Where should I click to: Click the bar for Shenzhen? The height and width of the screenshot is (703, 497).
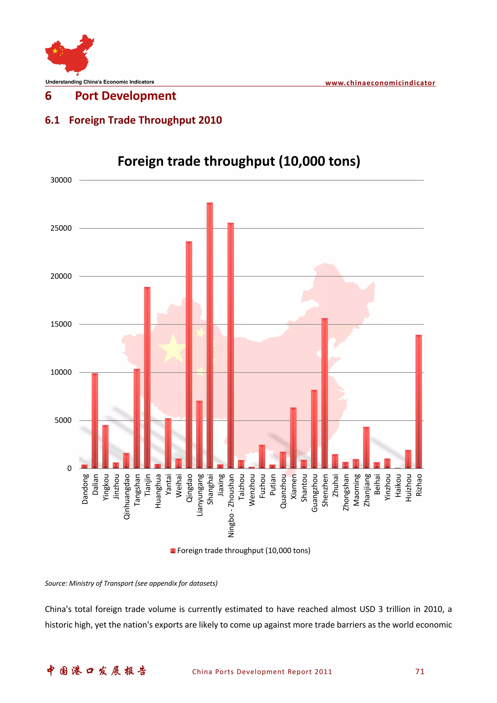click(325, 393)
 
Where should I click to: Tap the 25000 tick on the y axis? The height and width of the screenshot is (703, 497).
click(61, 228)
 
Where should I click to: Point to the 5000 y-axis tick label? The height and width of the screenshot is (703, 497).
click(63, 420)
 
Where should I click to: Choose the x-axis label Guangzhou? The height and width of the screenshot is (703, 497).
click(315, 493)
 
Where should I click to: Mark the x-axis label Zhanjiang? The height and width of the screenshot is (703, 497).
click(366, 490)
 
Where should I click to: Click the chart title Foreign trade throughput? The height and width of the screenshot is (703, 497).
click(239, 161)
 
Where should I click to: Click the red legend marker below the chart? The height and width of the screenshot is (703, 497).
click(173, 550)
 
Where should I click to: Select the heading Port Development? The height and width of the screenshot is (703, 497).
click(125, 96)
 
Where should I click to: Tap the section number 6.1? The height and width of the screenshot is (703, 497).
click(52, 120)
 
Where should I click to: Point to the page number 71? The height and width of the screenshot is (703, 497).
click(420, 671)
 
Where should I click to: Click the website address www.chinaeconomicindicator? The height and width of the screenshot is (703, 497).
click(380, 83)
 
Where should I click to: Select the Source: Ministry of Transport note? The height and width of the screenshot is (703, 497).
click(131, 583)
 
